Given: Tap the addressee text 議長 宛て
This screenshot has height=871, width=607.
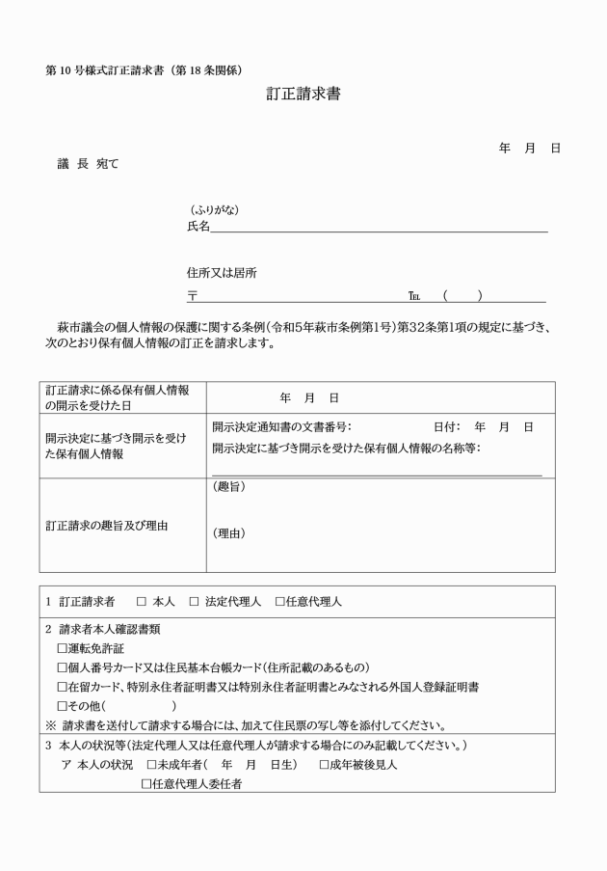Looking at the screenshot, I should (x=89, y=164).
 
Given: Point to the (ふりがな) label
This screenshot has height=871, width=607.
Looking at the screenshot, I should (x=214, y=210).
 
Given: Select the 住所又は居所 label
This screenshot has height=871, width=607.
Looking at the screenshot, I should (x=222, y=273).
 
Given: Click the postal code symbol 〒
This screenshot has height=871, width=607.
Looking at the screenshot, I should (x=193, y=296).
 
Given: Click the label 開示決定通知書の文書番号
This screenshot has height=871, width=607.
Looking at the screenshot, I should (x=281, y=426).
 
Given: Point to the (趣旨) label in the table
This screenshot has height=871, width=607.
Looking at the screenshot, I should (x=228, y=487).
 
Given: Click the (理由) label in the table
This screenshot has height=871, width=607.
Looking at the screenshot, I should (x=228, y=532).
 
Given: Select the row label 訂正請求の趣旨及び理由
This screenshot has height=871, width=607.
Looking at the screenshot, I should (x=107, y=526).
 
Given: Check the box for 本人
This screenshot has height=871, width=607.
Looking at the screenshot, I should (x=141, y=602).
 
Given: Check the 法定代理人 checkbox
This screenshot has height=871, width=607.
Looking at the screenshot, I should (x=194, y=602).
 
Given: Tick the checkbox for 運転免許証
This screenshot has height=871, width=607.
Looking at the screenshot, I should (x=63, y=648).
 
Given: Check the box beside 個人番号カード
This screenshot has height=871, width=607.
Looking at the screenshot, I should (x=63, y=667).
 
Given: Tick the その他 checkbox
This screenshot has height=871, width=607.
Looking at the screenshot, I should (x=63, y=706).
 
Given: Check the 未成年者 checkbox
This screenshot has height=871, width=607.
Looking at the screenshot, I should (x=152, y=765).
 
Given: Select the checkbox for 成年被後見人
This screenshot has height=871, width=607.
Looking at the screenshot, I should (x=326, y=765).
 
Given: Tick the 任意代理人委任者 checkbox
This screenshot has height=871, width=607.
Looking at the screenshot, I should (x=146, y=784).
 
